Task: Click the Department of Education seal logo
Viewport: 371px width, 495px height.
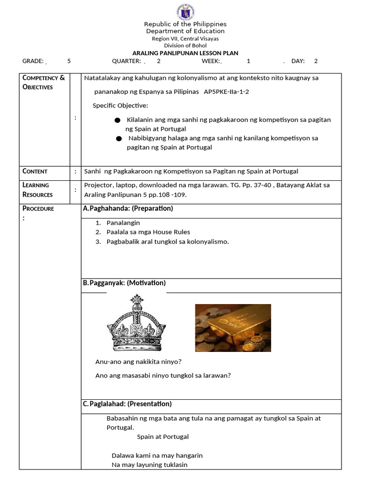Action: [x=185, y=11]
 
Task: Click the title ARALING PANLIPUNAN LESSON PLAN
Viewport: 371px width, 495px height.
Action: [x=185, y=53]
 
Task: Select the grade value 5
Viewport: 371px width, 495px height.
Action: [x=69, y=61]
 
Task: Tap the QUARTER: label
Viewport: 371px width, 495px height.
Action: [x=127, y=61]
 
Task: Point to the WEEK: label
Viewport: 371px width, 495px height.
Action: [x=211, y=61]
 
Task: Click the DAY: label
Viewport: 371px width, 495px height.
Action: [x=298, y=61]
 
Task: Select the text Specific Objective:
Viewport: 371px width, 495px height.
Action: [x=120, y=105]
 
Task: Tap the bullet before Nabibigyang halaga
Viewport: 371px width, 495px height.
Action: [x=119, y=139]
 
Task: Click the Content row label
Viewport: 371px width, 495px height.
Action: [x=35, y=171]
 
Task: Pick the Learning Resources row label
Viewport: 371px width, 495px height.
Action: [x=37, y=189]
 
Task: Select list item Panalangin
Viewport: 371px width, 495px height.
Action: [x=123, y=223]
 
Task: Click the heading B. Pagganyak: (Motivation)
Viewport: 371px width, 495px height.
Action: [x=125, y=283]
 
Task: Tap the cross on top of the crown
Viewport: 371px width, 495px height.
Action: [x=137, y=300]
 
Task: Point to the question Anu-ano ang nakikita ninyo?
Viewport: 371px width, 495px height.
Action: [x=139, y=362]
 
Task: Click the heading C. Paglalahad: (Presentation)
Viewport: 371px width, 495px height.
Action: [x=128, y=404]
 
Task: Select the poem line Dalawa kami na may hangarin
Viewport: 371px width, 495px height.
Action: [x=157, y=455]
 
